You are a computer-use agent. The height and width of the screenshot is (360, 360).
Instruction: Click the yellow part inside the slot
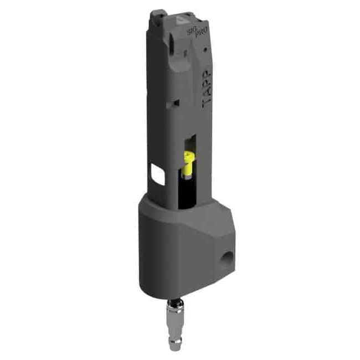(x=189, y=163)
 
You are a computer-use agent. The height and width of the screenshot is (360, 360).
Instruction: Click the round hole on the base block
(x=227, y=259)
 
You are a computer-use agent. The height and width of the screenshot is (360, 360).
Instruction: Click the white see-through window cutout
(x=158, y=174)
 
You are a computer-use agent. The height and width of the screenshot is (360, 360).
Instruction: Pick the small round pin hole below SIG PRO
(x=205, y=49)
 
